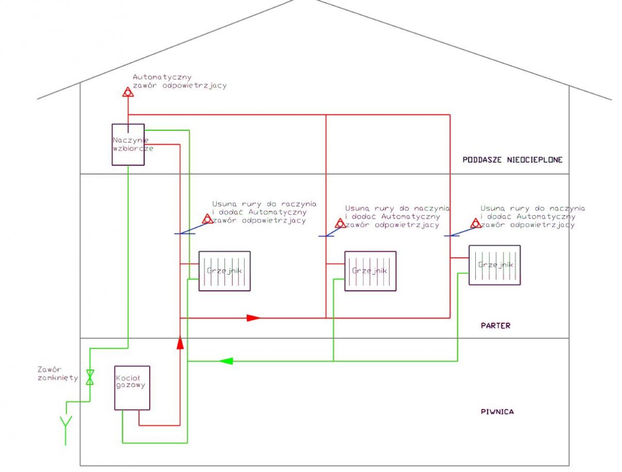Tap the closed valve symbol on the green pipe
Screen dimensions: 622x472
coord(90,377)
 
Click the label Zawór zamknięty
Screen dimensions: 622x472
coord(58,373)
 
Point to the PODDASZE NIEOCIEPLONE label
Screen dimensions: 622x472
coord(512,160)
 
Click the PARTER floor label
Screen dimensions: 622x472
coord(496,325)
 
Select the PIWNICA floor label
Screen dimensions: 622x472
coord(497,412)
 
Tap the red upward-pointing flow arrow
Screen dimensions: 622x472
coord(180,342)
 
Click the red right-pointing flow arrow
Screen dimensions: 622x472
coord(253,318)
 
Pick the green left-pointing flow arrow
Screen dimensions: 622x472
coord(226,361)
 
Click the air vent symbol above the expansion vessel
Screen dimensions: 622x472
coord(128,92)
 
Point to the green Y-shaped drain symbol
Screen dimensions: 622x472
coord(66,430)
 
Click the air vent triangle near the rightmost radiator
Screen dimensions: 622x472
coord(475,223)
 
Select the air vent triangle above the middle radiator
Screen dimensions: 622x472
coord(340,223)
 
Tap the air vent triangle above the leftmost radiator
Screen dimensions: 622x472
coord(207,218)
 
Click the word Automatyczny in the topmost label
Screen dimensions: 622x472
coord(162,77)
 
